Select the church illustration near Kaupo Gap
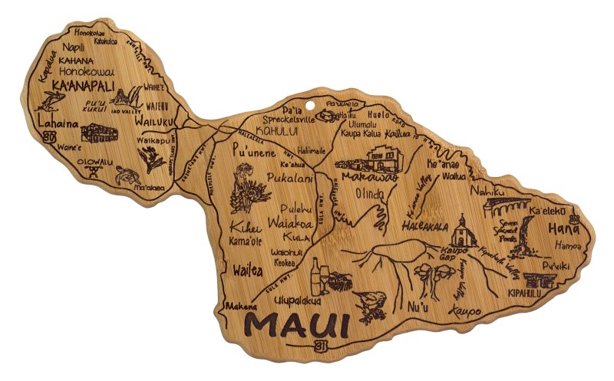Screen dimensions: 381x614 point(463,230)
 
